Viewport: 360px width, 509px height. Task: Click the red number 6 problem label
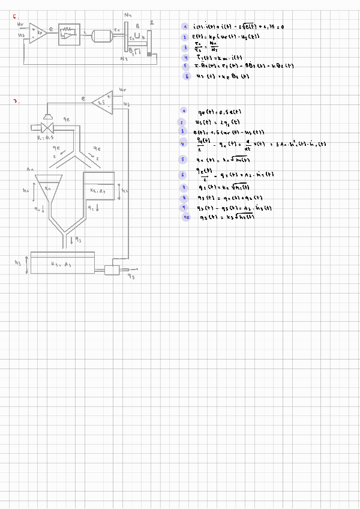pyautogui.click(x=15, y=17)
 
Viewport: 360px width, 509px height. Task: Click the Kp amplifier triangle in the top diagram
pyautogui.click(x=38, y=31)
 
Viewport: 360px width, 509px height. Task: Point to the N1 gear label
pyautogui.click(x=128, y=14)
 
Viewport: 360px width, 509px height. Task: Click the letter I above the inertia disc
pyautogui.click(x=151, y=21)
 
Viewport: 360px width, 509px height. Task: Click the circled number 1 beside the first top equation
pyautogui.click(x=185, y=26)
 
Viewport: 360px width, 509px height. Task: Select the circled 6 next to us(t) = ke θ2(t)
pyautogui.click(x=187, y=76)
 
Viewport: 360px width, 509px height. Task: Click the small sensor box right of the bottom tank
pyautogui.click(x=112, y=270)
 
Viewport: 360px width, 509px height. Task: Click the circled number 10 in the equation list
pyautogui.click(x=187, y=217)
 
